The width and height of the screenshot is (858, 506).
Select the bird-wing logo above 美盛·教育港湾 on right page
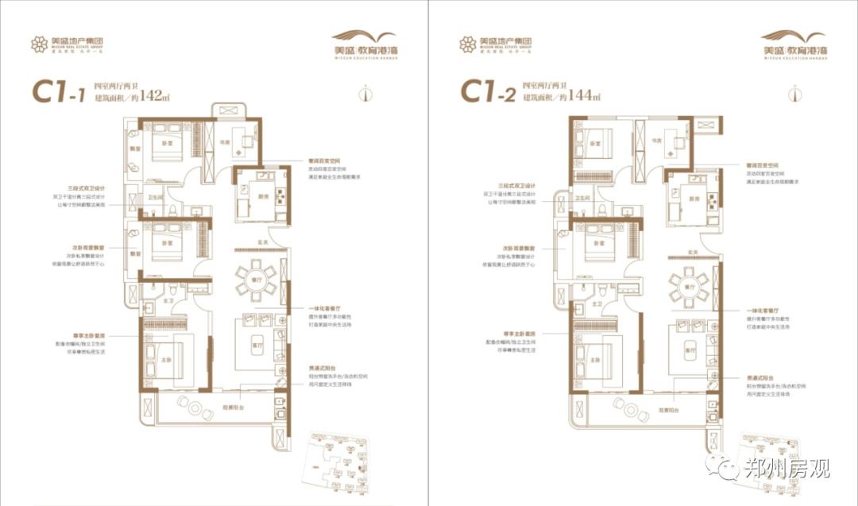point(364,37)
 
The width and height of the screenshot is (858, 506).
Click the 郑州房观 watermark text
point(786,468)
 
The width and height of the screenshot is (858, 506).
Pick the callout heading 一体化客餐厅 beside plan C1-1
point(325,308)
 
